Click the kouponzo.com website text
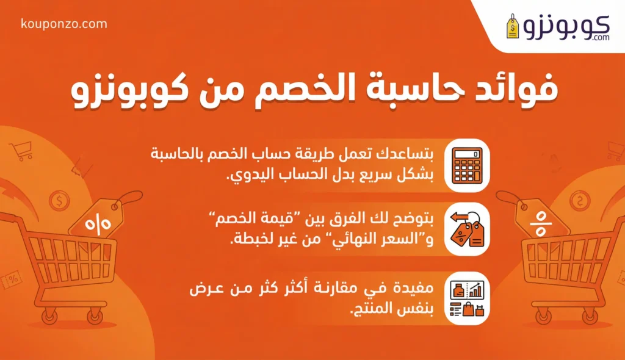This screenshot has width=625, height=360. [x=64, y=24]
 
